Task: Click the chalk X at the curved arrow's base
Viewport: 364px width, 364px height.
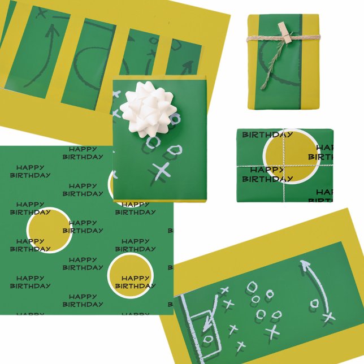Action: click(x=328, y=317)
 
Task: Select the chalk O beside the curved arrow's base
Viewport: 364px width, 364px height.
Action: click(x=315, y=304)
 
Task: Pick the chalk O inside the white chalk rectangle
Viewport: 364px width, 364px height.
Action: click(x=207, y=339)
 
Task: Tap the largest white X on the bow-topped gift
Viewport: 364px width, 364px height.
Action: click(x=162, y=170)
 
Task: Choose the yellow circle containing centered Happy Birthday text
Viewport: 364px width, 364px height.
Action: click(x=130, y=277)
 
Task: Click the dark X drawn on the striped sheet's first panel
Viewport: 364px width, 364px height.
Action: click(x=41, y=12)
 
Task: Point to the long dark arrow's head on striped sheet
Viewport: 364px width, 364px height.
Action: click(x=53, y=28)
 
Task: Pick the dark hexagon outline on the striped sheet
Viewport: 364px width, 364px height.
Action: click(x=153, y=41)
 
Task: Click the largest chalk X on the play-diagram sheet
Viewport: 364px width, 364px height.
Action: click(x=272, y=331)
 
